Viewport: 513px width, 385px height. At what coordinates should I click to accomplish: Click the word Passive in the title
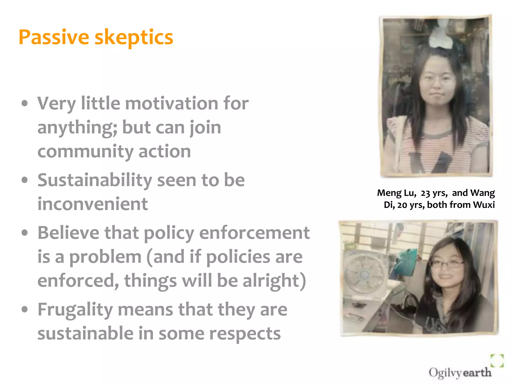point(54,37)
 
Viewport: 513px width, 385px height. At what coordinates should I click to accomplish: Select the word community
point(85,152)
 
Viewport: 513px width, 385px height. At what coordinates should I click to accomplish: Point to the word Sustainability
point(95,180)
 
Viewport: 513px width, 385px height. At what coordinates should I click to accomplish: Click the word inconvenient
point(92,204)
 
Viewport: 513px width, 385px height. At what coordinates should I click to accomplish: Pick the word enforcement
point(254,233)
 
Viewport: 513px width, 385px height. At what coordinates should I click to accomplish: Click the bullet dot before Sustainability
point(25,180)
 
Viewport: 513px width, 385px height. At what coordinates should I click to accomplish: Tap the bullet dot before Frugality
point(25,309)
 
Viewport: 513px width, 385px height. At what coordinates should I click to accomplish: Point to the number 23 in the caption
point(425,193)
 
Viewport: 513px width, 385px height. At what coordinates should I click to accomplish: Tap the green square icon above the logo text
point(497,360)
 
